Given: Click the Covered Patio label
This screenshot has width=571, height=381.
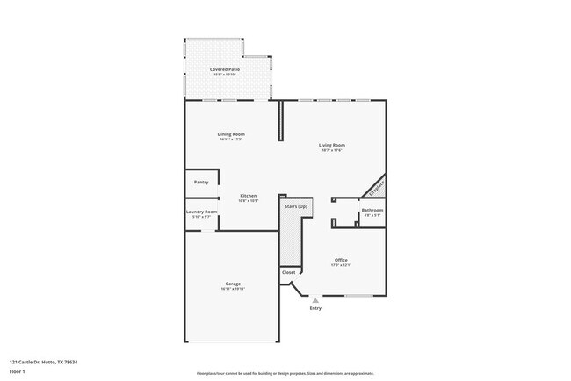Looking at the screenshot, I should (226, 69).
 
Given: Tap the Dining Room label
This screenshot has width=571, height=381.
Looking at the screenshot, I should (231, 134).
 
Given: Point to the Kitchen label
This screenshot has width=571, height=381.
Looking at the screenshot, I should (249, 196).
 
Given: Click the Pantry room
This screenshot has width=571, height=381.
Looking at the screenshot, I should (201, 183).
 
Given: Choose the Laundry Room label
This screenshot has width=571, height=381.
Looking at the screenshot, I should (201, 212).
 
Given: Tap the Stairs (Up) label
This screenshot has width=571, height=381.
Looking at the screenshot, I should (295, 206).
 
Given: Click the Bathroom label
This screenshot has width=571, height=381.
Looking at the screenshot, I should (372, 210).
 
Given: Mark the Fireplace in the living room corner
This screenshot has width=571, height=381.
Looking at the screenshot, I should (376, 187).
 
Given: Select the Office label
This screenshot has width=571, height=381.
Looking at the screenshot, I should (341, 260).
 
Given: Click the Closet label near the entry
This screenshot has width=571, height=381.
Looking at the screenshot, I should (289, 272).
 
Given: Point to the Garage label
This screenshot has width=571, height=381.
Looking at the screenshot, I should (233, 284).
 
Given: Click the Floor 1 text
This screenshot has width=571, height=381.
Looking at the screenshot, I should (18, 371).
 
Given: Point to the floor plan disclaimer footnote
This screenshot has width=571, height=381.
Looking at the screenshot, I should (285, 373).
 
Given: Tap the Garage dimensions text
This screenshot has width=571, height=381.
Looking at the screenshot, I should (233, 289).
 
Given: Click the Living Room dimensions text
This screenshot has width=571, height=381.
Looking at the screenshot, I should (331, 150).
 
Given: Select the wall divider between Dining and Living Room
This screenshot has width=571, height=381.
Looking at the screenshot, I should (280, 120).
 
